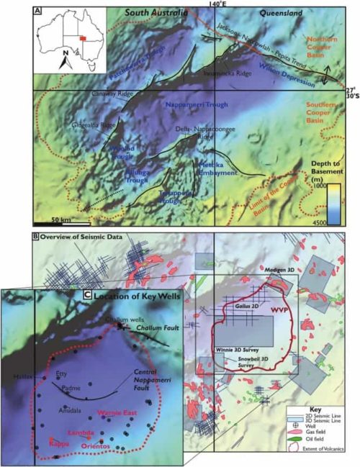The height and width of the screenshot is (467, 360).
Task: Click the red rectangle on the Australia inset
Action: tap(84, 37)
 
